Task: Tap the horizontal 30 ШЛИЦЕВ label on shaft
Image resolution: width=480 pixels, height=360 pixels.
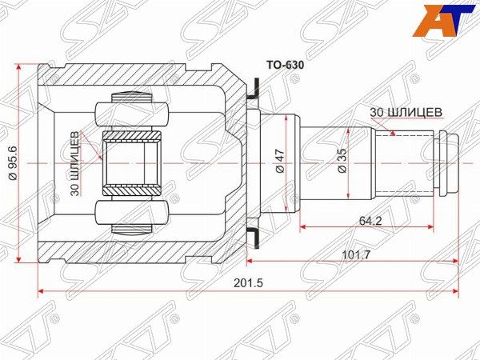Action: [x=406, y=112]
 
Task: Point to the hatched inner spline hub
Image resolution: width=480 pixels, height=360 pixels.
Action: [x=133, y=163]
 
